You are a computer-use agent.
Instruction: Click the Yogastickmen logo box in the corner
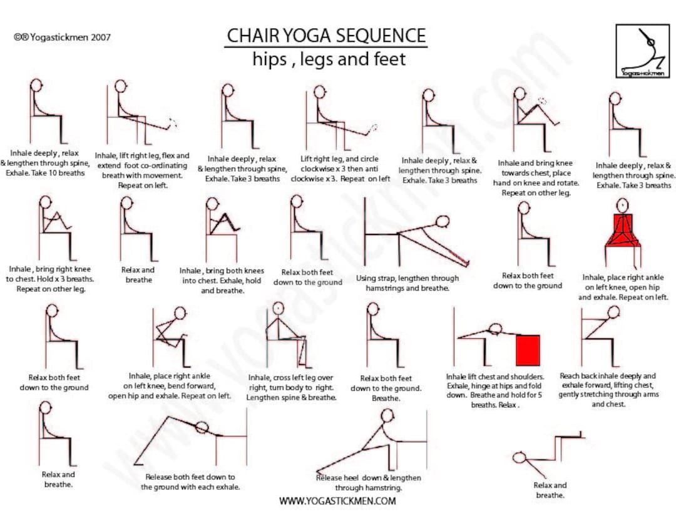pyautogui.click(x=642, y=51)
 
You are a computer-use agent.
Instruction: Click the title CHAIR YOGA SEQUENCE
pyautogui.click(x=326, y=35)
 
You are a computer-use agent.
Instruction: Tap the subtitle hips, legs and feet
pyautogui.click(x=329, y=59)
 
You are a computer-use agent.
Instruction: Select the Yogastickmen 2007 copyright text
pyautogui.click(x=62, y=37)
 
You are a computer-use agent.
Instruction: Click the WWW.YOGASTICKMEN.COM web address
pyautogui.click(x=337, y=501)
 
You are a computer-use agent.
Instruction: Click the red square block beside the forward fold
pyautogui.click(x=528, y=350)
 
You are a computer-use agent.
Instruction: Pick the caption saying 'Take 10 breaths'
pyautogui.click(x=44, y=163)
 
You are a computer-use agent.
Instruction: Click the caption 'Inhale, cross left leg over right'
pyautogui.click(x=292, y=388)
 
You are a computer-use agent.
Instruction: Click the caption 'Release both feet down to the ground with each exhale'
pyautogui.click(x=190, y=481)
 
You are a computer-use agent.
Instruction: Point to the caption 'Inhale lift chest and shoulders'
pyautogui.click(x=494, y=391)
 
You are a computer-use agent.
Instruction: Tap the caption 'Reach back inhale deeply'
pyautogui.click(x=607, y=390)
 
